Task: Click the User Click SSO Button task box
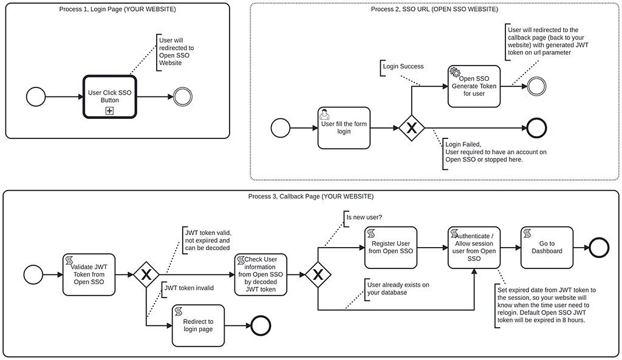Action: (109, 97)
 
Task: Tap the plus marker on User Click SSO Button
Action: (109, 110)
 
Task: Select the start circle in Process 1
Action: (36, 97)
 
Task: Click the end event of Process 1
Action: (182, 97)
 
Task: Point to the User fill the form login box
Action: (344, 128)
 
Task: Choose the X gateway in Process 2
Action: (411, 128)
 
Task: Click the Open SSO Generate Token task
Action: (474, 86)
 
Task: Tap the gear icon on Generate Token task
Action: (454, 72)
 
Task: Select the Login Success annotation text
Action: (403, 66)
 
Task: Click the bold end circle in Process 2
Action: (537, 128)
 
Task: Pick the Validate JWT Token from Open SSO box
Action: (88, 274)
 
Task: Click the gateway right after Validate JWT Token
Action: (146, 274)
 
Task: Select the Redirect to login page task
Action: (198, 325)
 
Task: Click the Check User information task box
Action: (261, 274)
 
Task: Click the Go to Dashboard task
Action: (547, 247)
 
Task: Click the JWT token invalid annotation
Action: (189, 288)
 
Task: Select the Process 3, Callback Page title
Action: (311, 197)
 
